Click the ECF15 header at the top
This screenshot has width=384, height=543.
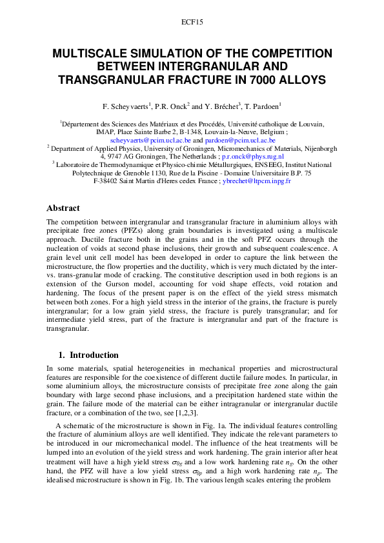[x=192, y=22]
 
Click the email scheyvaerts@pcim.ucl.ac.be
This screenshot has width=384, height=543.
[x=150, y=139]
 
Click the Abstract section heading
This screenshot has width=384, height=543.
[x=63, y=208]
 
